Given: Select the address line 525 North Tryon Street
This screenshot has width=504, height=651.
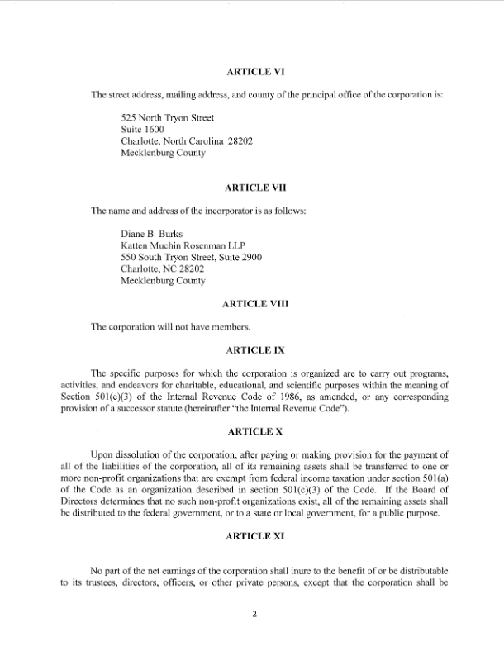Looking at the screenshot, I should point(167,118).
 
